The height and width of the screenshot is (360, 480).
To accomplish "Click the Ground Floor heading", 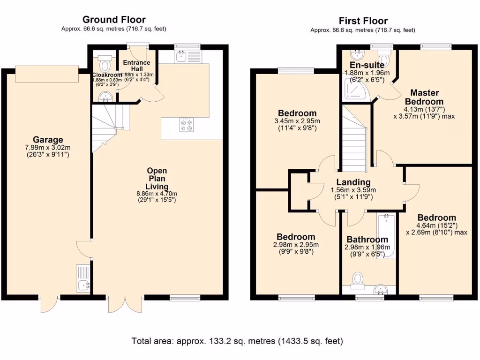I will coord(114,20).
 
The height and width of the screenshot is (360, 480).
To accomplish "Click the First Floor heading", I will coord(363,21).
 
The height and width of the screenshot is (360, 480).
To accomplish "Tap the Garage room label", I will coord(48,140).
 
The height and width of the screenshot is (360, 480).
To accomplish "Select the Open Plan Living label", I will coord(157,179).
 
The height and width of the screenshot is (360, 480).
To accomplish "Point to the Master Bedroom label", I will coord(424,97).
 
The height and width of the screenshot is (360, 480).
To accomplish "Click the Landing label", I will coord(353,182).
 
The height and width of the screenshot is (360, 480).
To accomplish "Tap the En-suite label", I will coord(367,65).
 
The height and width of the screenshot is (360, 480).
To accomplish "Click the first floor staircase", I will coord(354,141).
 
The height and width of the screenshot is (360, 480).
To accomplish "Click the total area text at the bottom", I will coord(237,340).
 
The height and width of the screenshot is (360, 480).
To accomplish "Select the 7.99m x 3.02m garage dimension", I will coord(48,148).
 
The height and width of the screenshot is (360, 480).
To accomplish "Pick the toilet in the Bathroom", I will coord(359,280).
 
